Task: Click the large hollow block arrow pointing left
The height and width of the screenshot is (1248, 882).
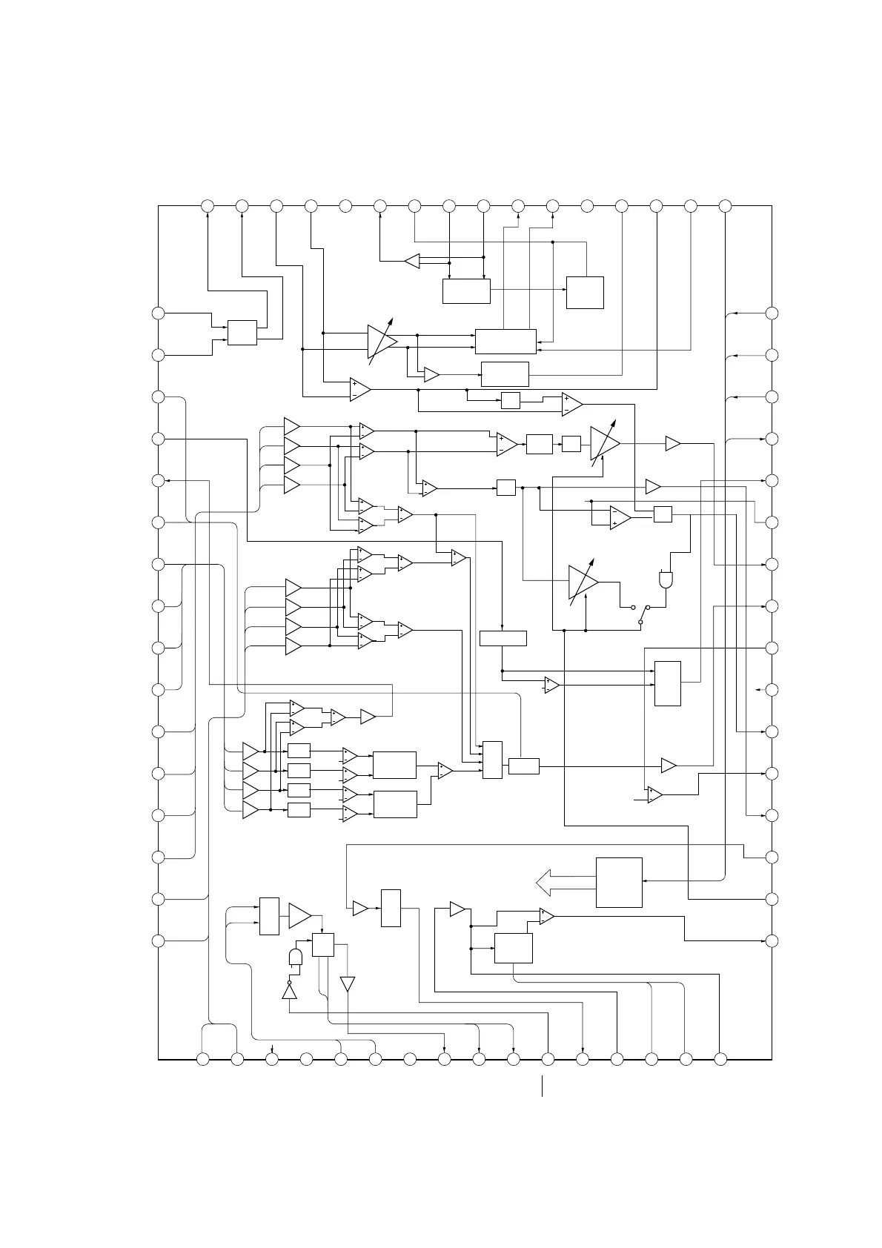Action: pyautogui.click(x=564, y=883)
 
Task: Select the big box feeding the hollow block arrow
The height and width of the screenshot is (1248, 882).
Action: pyautogui.click(x=619, y=882)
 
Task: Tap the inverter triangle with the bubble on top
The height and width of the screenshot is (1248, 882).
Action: pyautogui.click(x=289, y=992)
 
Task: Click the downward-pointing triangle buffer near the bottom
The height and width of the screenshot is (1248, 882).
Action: pyautogui.click(x=347, y=983)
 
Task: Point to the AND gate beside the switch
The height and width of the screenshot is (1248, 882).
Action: pyautogui.click(x=665, y=580)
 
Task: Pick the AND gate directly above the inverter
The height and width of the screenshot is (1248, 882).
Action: pyautogui.click(x=296, y=957)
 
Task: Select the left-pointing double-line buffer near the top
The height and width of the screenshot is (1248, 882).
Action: pyautogui.click(x=413, y=262)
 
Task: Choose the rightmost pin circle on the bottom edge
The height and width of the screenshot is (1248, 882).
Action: pyautogui.click(x=720, y=1060)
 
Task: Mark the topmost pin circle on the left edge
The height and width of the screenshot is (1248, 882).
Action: pyautogui.click(x=158, y=313)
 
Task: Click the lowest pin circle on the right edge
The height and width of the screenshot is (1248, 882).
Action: pyautogui.click(x=772, y=940)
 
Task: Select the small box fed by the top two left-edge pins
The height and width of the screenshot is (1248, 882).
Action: pyautogui.click(x=242, y=333)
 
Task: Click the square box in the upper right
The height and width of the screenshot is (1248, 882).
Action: pyautogui.click(x=585, y=293)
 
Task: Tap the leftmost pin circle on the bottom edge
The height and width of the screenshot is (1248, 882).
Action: pyautogui.click(x=203, y=1060)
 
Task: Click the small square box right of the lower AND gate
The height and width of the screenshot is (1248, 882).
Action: pyautogui.click(x=322, y=945)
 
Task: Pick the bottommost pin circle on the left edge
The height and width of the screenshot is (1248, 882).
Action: pyautogui.click(x=158, y=940)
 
